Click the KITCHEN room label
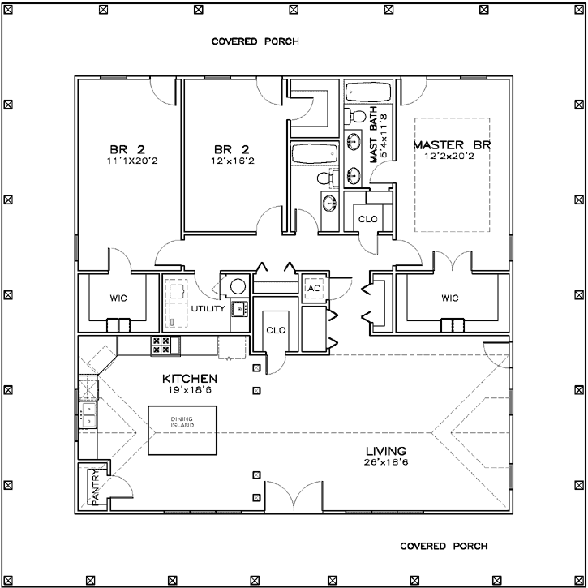tap(189, 379)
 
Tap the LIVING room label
tap(384, 451)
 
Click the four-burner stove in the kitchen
tap(165, 346)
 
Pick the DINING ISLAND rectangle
tap(182, 430)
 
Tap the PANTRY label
tap(95, 487)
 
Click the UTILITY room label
tap(208, 309)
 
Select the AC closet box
tap(314, 289)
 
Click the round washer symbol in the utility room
tap(237, 285)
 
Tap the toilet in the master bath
tap(354, 114)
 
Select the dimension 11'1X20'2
tap(127, 161)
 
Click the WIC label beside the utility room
tap(118, 298)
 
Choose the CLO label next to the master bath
tap(366, 218)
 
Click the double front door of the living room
tap(301, 496)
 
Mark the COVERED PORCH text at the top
tap(255, 41)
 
